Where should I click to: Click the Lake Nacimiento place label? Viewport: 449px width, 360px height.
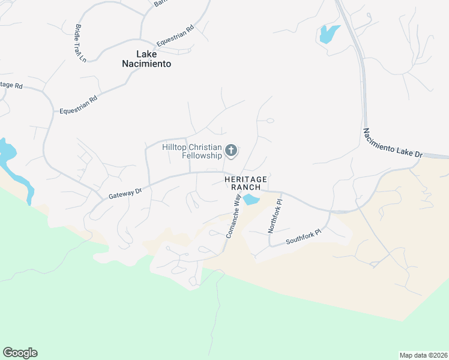146,58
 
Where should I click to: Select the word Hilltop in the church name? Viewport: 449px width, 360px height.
176,147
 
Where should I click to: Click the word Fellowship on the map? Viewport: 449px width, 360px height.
202,156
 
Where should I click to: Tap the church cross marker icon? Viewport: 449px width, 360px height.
232,151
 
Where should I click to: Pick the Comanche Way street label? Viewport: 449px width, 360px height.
234,215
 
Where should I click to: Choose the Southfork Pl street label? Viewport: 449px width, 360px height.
304,238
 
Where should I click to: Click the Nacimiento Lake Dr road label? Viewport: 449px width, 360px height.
393,143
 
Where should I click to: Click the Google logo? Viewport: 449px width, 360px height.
20,353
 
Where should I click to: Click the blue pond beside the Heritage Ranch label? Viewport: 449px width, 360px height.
251,200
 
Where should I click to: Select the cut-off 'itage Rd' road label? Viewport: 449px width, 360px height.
11,85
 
